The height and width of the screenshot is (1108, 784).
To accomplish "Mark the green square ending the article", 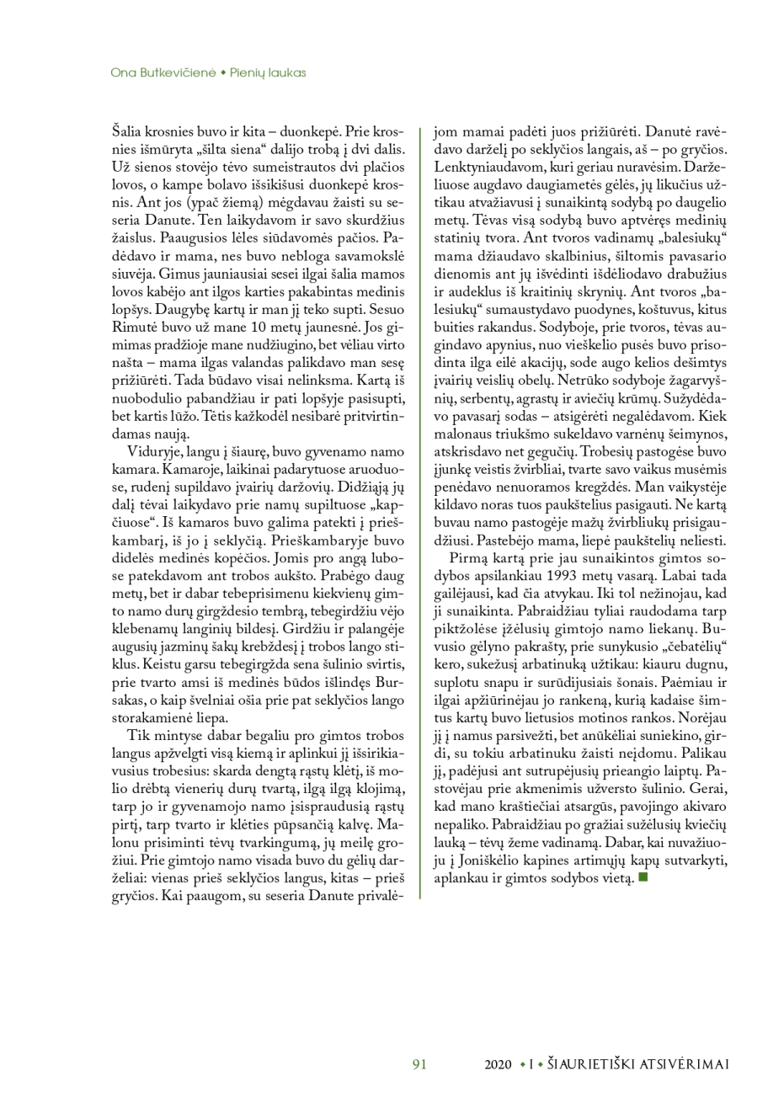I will click(x=643, y=877).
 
